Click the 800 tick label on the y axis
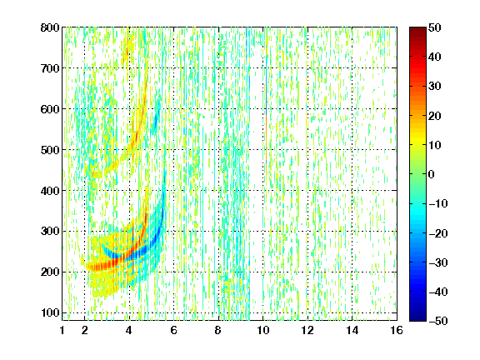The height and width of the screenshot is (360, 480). (x=50, y=27)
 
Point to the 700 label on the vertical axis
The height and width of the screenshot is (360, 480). (x=50, y=68)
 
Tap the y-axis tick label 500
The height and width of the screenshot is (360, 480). (x=50, y=150)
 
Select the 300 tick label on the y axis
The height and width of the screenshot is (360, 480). (x=50, y=232)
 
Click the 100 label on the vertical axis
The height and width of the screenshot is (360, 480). (x=50, y=312)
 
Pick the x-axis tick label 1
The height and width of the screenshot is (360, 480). (x=62, y=330)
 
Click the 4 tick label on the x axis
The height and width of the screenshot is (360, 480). (x=129, y=330)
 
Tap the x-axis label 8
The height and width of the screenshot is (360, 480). (x=218, y=330)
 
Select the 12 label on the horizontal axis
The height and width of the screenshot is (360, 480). (x=307, y=330)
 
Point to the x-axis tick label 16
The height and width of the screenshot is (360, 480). (x=397, y=330)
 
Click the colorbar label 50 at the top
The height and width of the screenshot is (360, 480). (x=435, y=27)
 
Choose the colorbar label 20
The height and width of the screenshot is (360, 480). (x=435, y=116)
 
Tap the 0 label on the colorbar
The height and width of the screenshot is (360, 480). (x=432, y=174)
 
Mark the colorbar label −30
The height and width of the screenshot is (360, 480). (x=438, y=262)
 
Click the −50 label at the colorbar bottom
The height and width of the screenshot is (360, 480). (x=438, y=321)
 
